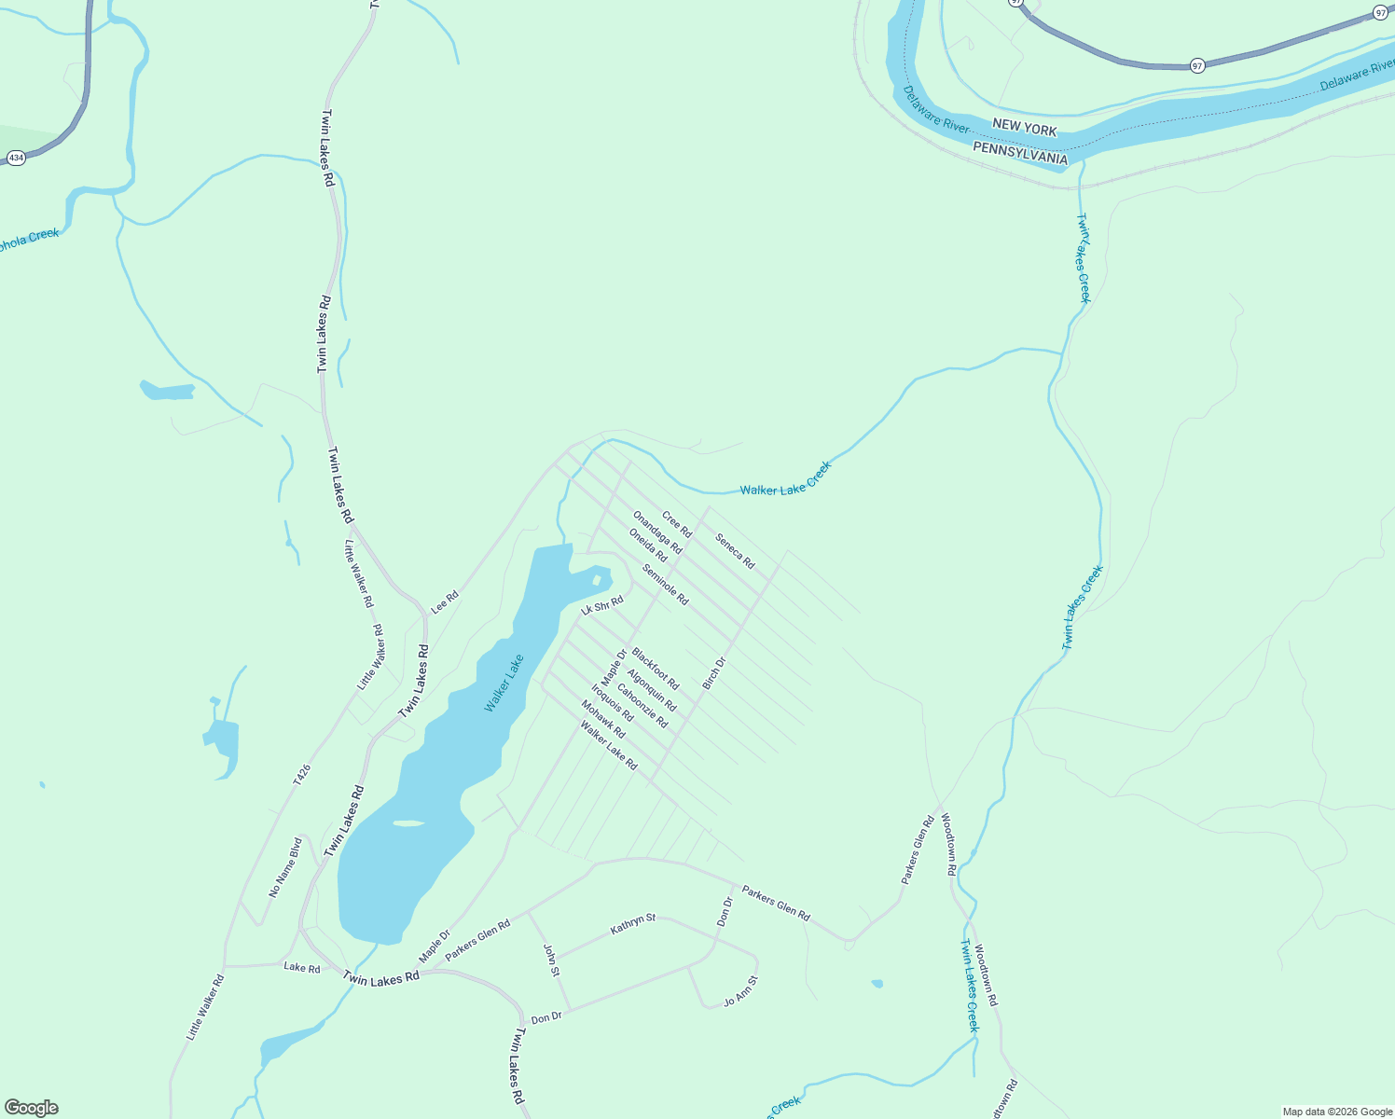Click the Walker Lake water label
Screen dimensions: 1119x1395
click(504, 684)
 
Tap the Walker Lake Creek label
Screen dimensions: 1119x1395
click(785, 477)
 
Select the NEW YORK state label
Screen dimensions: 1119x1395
click(1025, 127)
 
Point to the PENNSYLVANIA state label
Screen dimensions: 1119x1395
click(1019, 153)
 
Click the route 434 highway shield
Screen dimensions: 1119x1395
click(16, 159)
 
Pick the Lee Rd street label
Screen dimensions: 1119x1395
click(445, 601)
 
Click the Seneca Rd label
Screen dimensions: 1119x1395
click(735, 550)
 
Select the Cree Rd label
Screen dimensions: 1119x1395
click(677, 524)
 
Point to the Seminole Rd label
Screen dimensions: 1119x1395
click(665, 585)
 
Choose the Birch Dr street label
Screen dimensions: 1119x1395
click(713, 673)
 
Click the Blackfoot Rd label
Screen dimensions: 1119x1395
click(656, 669)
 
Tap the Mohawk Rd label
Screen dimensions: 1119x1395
click(602, 719)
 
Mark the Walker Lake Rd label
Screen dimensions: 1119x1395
click(609, 745)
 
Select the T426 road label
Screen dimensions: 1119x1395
click(301, 773)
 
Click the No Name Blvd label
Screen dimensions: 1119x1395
click(285, 867)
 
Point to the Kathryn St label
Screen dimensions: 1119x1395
click(633, 925)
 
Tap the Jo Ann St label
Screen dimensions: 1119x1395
click(741, 991)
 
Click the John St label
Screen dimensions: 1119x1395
click(551, 960)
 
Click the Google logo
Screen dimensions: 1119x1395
click(32, 1108)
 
